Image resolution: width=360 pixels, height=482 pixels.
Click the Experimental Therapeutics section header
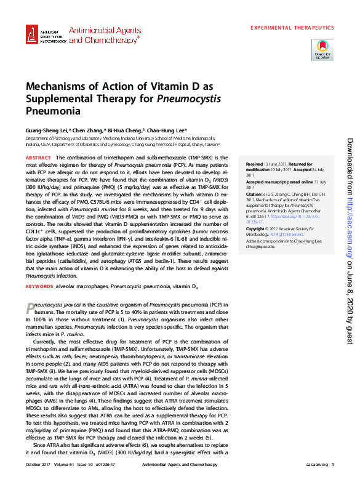292,28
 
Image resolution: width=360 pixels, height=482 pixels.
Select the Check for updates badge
323,49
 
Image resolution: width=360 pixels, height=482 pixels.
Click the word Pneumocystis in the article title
189,98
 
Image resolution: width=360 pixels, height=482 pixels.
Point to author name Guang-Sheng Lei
46,131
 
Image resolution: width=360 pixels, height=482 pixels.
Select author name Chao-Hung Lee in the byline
166,131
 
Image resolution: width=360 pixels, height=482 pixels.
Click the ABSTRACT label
38,158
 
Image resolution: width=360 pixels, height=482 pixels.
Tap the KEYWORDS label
39,286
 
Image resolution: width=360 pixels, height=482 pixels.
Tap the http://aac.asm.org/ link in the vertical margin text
349,225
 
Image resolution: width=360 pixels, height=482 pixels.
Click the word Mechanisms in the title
55,86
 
